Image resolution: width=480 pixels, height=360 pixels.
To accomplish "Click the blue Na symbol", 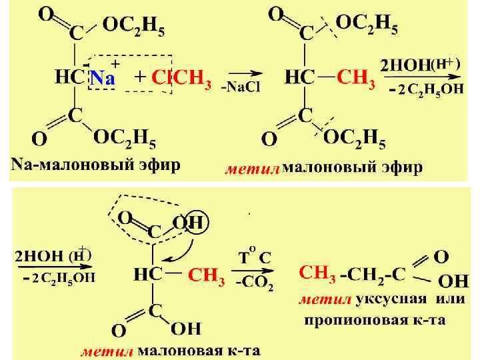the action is [x=103, y=78].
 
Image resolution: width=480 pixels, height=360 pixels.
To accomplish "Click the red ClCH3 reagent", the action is [x=182, y=78].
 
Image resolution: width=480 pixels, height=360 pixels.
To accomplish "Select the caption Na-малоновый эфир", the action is [x=94, y=165].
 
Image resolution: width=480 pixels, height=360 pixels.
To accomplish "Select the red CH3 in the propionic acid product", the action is [x=317, y=273].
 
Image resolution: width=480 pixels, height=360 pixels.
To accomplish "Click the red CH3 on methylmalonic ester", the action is [x=357, y=78].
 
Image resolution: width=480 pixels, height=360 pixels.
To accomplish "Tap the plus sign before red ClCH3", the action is [x=140, y=77].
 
